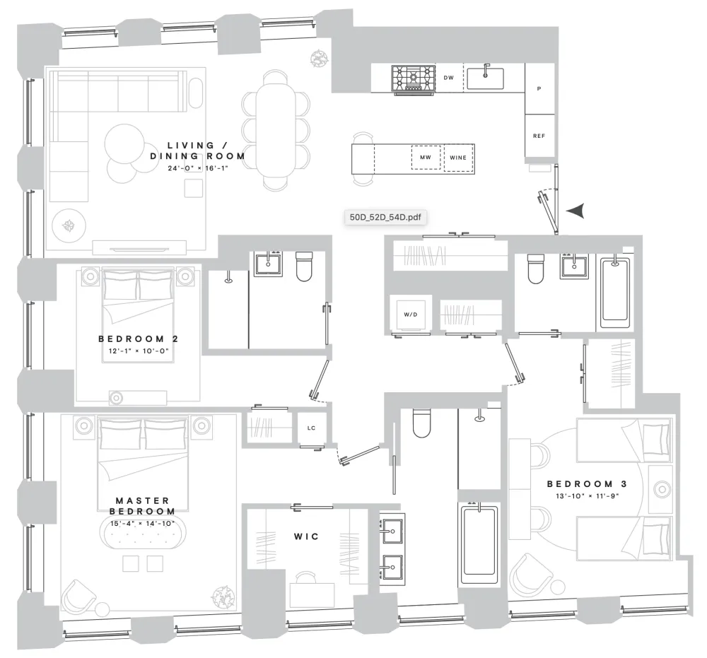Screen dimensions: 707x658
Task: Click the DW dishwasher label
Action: [x=449, y=78]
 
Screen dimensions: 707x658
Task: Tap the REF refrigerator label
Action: [x=539, y=136]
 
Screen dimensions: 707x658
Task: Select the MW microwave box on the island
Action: [x=426, y=158]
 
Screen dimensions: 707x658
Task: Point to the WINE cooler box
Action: [x=459, y=158]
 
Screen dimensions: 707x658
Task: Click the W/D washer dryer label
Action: [x=410, y=315]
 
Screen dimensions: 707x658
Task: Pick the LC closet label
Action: [x=311, y=428]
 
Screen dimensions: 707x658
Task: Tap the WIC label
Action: [x=306, y=536]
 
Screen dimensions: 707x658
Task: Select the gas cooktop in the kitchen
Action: [x=414, y=79]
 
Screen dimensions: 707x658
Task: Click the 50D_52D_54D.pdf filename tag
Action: [x=385, y=217]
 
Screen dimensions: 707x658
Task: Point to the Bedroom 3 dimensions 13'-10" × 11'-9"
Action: [x=587, y=496]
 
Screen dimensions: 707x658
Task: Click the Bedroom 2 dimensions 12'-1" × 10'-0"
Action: [x=138, y=351]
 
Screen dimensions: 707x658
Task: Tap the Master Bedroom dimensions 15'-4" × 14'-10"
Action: [x=143, y=523]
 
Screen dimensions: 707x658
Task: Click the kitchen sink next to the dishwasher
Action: [x=485, y=78]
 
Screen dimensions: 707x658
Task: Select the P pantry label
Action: [x=539, y=89]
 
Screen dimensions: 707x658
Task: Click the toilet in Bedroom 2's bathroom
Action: [x=304, y=266]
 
